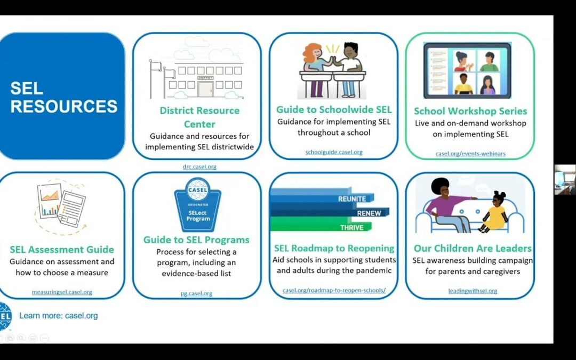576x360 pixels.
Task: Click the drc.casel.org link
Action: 199,166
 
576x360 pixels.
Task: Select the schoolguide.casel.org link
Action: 334,152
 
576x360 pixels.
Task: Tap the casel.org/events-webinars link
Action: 470,154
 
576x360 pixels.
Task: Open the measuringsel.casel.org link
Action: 62,292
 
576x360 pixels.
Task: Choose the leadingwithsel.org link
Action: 473,291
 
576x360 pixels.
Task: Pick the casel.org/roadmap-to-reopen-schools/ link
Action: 334,291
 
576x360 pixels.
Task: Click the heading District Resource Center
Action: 199,117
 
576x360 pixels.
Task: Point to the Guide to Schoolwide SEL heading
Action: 334,110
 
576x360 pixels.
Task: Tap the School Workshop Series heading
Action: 470,111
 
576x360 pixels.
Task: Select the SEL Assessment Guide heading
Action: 62,249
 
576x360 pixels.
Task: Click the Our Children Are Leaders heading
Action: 473,249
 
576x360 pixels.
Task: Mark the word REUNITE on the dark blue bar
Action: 352,199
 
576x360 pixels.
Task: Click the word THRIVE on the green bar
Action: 351,228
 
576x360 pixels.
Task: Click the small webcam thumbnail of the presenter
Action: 564,179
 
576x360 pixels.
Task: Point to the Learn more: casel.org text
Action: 59,316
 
